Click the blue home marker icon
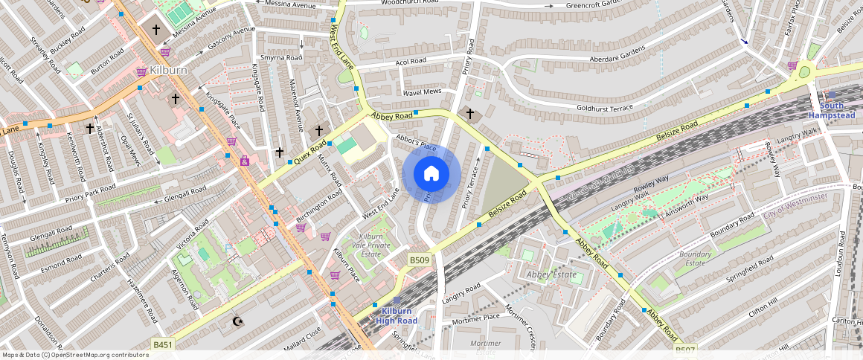point(431,173)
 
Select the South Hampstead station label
point(832,111)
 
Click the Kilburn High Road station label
point(396,315)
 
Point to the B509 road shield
point(419,260)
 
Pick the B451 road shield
point(163,344)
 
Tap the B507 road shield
point(684,349)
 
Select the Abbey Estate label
point(551,274)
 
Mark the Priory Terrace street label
point(469,187)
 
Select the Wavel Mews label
point(422,92)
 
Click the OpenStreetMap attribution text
point(75,355)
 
